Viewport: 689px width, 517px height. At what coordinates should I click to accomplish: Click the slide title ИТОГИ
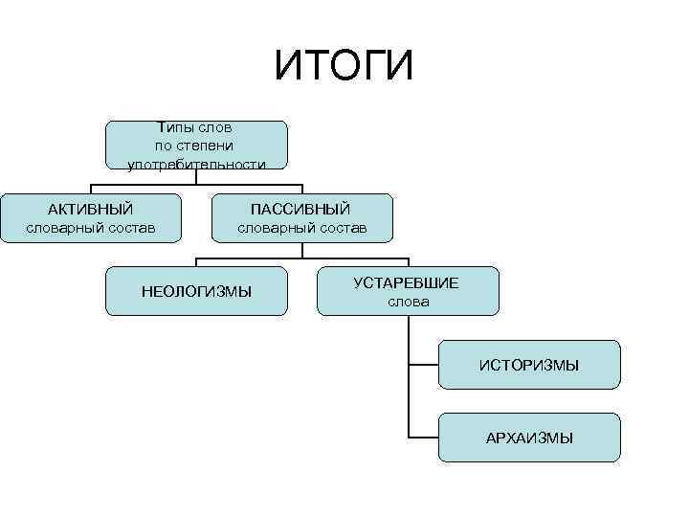pyautogui.click(x=344, y=65)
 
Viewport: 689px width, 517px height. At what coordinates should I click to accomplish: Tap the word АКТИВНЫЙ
pyautogui.click(x=90, y=209)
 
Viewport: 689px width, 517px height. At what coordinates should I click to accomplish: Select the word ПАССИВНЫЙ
pyautogui.click(x=300, y=209)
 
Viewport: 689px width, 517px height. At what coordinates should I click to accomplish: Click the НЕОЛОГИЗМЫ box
pyautogui.click(x=196, y=291)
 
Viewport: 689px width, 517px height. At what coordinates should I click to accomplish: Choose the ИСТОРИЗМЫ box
pyautogui.click(x=529, y=365)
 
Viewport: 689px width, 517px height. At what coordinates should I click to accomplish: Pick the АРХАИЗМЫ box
pyautogui.click(x=529, y=438)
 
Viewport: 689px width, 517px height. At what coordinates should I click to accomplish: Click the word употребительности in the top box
pyautogui.click(x=196, y=165)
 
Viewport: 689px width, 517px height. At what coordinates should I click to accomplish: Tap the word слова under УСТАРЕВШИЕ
pyautogui.click(x=409, y=302)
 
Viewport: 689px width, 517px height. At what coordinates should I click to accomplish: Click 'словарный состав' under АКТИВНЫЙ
pyautogui.click(x=90, y=228)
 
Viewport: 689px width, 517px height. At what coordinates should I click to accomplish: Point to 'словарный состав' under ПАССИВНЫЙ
pyautogui.click(x=301, y=228)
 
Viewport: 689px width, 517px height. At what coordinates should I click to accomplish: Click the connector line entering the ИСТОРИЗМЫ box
pyautogui.click(x=423, y=364)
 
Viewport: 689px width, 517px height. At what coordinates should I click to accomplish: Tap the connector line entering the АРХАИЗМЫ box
pyautogui.click(x=423, y=438)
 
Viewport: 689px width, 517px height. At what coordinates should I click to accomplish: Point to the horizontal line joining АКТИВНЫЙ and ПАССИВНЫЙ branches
pyautogui.click(x=196, y=184)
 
